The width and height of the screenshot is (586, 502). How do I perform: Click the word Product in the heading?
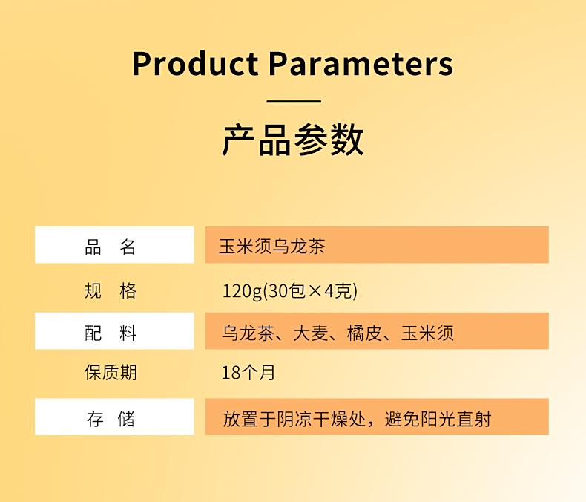point(195,63)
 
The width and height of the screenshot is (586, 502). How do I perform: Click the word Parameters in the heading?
point(361,63)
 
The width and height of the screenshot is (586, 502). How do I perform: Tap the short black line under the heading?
point(294,101)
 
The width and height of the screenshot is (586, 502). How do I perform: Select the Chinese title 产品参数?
point(293,140)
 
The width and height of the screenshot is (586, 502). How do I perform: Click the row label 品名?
point(111,247)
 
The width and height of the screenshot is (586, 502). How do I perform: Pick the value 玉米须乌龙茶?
point(272,247)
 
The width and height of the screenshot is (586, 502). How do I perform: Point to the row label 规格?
point(111,290)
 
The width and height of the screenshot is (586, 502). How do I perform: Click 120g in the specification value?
point(242,291)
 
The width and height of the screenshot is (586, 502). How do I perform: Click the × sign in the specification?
point(315,291)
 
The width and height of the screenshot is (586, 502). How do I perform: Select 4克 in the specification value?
point(338,290)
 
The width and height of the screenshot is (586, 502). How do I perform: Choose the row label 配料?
point(111,333)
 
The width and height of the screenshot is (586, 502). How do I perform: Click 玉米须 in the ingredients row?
point(427,333)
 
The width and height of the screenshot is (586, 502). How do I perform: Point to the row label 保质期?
point(111,373)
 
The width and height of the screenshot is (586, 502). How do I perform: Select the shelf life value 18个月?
point(248,373)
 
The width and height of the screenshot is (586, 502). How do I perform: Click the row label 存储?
point(111,419)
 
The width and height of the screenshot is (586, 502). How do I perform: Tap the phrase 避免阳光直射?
point(438,419)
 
